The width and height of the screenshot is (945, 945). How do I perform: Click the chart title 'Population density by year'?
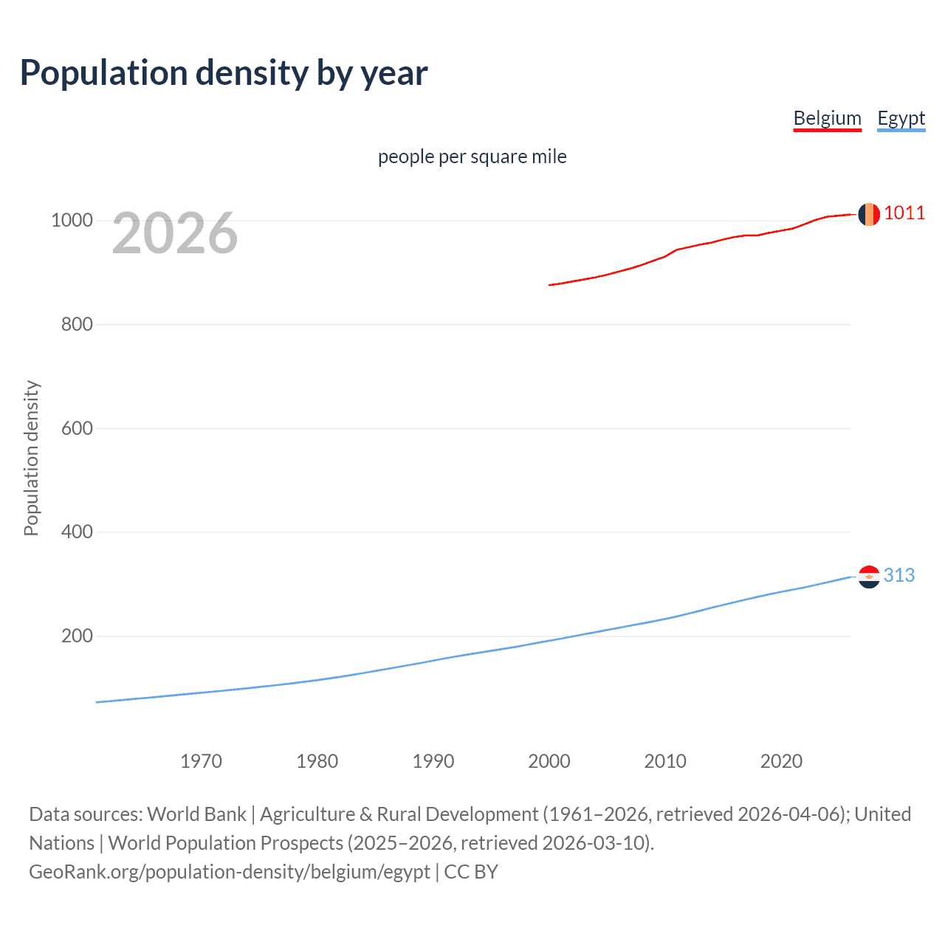[224, 73]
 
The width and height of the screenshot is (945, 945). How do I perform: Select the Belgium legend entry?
[827, 118]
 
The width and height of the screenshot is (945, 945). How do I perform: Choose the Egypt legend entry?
[901, 118]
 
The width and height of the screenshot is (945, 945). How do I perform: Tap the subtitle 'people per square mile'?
[472, 157]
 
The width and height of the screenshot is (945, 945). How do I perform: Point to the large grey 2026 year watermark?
[175, 233]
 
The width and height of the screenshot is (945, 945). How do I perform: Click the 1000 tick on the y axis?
[72, 221]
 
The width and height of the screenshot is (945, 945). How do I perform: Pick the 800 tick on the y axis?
[77, 324]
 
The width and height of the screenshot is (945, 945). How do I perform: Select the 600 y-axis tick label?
[77, 428]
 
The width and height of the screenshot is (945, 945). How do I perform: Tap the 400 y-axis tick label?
[77, 532]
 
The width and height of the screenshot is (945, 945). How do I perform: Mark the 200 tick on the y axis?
[77, 636]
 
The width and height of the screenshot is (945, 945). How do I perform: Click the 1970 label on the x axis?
[201, 761]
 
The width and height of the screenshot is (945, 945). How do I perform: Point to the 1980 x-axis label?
[317, 761]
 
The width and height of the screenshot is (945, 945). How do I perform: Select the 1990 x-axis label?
[433, 761]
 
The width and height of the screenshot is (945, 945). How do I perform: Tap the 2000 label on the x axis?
[549, 761]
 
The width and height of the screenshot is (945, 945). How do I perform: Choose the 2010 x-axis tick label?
[665, 761]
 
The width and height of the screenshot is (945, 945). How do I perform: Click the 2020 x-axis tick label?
[781, 761]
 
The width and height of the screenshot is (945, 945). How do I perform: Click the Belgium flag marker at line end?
[869, 214]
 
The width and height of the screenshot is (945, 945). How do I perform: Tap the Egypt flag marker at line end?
[869, 576]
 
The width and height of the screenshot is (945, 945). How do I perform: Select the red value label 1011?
[904, 213]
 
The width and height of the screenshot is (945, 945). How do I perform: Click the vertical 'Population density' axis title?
[31, 458]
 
